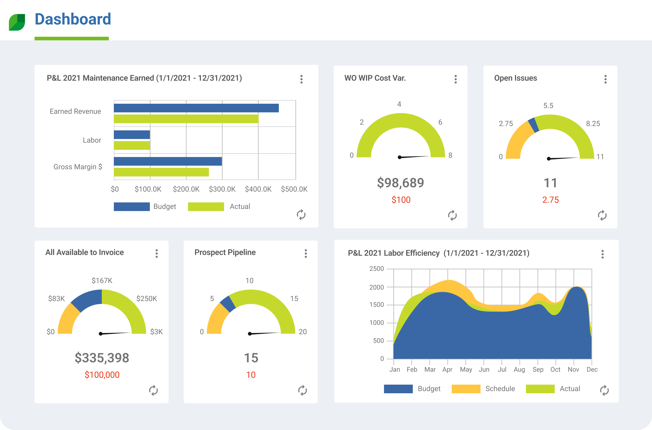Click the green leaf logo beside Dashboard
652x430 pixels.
[x=17, y=22]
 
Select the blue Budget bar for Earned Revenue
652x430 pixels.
[x=196, y=108]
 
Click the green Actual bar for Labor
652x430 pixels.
[x=132, y=145]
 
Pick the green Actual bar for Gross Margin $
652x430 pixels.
[x=161, y=172]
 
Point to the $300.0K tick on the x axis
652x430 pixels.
[x=222, y=189]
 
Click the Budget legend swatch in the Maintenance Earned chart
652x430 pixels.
[x=132, y=206]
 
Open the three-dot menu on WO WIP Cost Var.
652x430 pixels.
[x=455, y=79]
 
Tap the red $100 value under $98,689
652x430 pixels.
[x=401, y=200]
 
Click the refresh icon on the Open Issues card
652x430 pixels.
[x=602, y=215]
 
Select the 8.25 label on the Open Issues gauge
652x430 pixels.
[x=593, y=124]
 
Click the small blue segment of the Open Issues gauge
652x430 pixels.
[x=533, y=125]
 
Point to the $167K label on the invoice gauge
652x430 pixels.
[x=102, y=280]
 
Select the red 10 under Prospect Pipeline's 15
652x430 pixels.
[x=251, y=375]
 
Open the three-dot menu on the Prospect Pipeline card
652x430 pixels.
[x=305, y=253]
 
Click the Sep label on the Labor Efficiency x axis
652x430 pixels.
[x=538, y=369]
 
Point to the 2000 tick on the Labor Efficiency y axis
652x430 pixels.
[x=376, y=287]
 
